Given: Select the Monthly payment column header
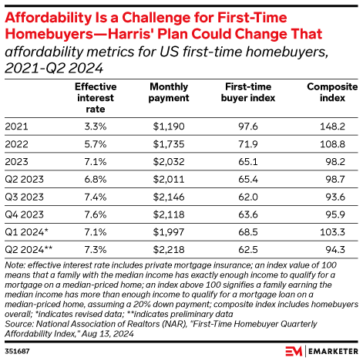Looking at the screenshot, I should coord(169,93).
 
